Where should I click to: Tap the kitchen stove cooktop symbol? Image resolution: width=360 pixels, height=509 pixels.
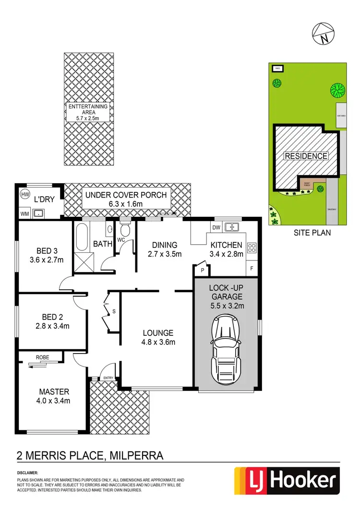pos(251,248)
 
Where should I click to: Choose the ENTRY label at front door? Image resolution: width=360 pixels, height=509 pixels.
pos(108,378)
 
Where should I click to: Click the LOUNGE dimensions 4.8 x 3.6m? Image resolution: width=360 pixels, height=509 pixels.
pos(158,342)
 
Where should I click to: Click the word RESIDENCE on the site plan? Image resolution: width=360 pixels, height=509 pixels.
pos(306,156)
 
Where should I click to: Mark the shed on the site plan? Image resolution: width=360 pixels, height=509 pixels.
pos(277,69)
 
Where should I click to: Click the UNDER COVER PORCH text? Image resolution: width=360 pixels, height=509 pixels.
pos(126,195)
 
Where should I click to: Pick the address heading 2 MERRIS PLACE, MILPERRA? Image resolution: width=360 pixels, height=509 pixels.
pos(90,454)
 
